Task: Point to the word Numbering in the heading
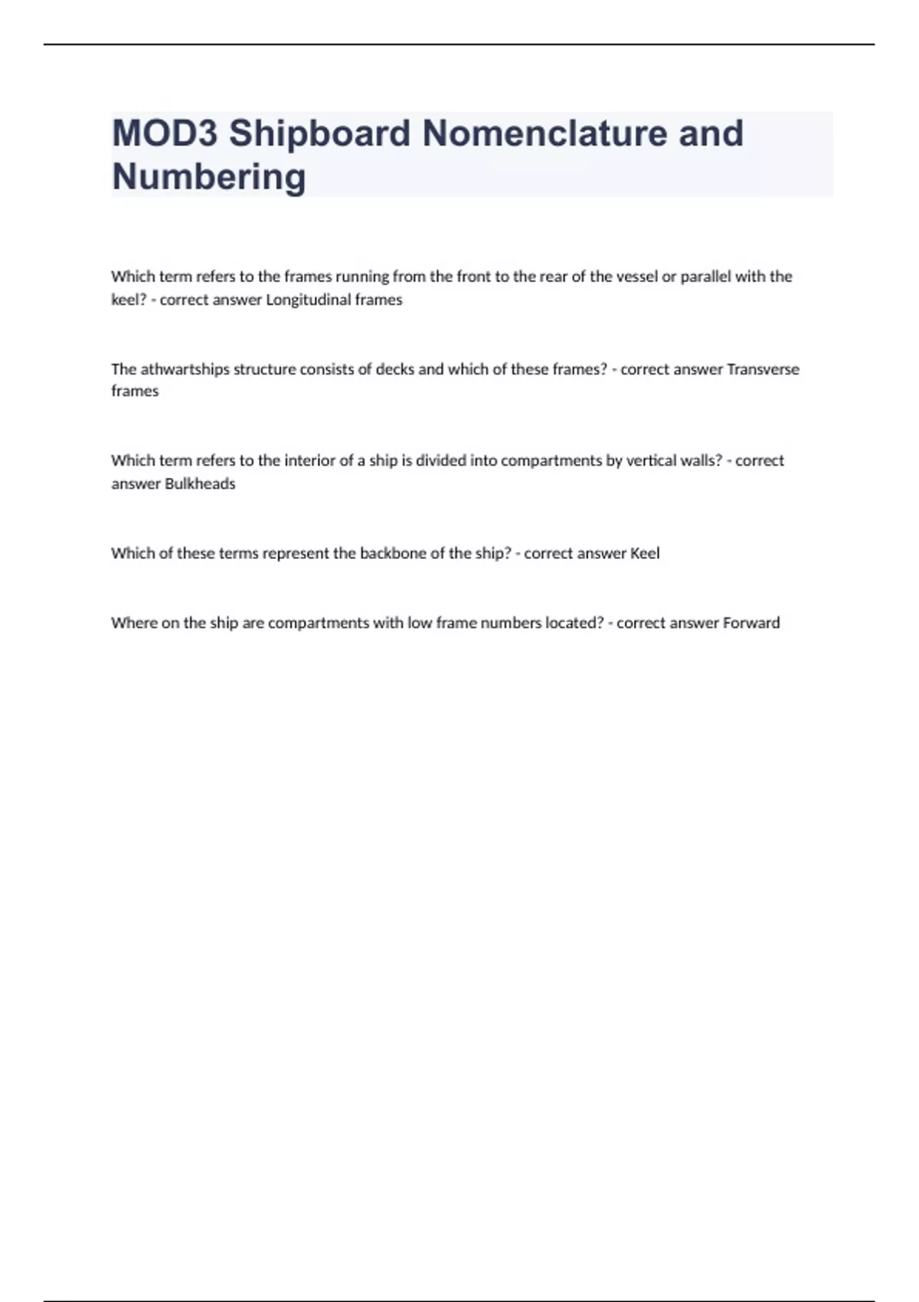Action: click(209, 177)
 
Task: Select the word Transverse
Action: click(762, 369)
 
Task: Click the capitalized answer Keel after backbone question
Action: click(644, 553)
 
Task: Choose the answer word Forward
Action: click(751, 623)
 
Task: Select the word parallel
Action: click(705, 276)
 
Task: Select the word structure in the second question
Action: click(264, 369)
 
